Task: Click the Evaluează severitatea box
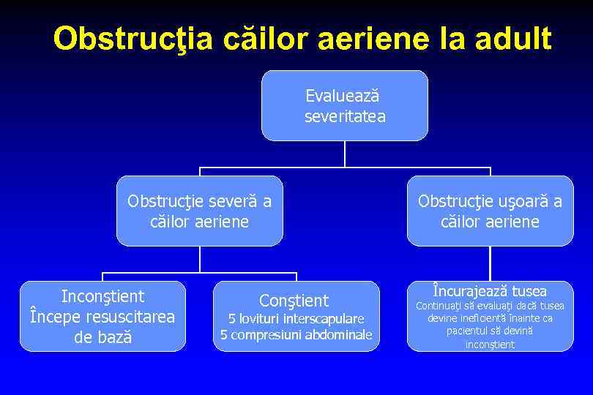(344, 105)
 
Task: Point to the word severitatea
(345, 116)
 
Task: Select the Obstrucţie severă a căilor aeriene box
(199, 211)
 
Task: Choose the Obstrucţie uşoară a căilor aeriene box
(490, 211)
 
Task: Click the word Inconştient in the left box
(103, 296)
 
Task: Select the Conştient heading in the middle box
(295, 300)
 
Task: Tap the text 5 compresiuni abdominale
(296, 335)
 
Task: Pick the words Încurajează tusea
(491, 290)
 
